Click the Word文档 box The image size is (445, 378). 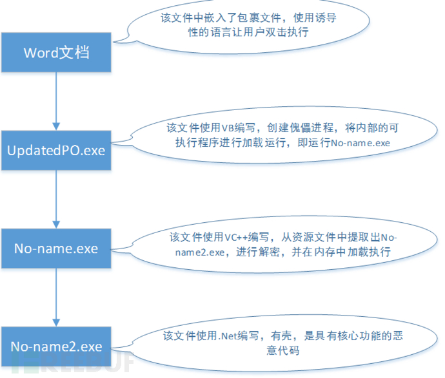pyautogui.click(x=56, y=52)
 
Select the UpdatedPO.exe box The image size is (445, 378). pyautogui.click(x=56, y=151)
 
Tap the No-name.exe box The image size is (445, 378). pyautogui.click(x=56, y=249)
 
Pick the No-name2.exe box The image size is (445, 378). pyautogui.click(x=56, y=346)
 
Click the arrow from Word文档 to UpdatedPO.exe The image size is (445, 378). pyautogui.click(x=56, y=101)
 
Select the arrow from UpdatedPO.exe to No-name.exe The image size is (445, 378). pyautogui.click(x=56, y=199)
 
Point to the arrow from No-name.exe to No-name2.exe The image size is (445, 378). pyautogui.click(x=56, y=298)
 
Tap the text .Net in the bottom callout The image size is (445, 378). pyautogui.click(x=228, y=336)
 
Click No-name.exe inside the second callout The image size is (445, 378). pyautogui.click(x=361, y=143)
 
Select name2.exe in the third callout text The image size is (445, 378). pyautogui.click(x=200, y=252)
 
